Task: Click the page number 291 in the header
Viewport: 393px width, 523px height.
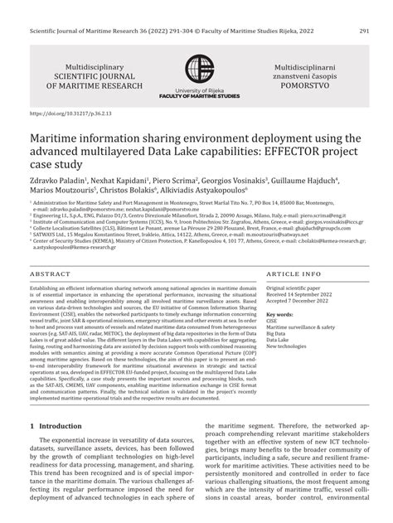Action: point(364,8)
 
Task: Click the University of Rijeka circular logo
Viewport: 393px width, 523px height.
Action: point(197,70)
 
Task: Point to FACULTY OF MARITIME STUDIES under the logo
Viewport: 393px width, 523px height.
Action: point(196,97)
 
